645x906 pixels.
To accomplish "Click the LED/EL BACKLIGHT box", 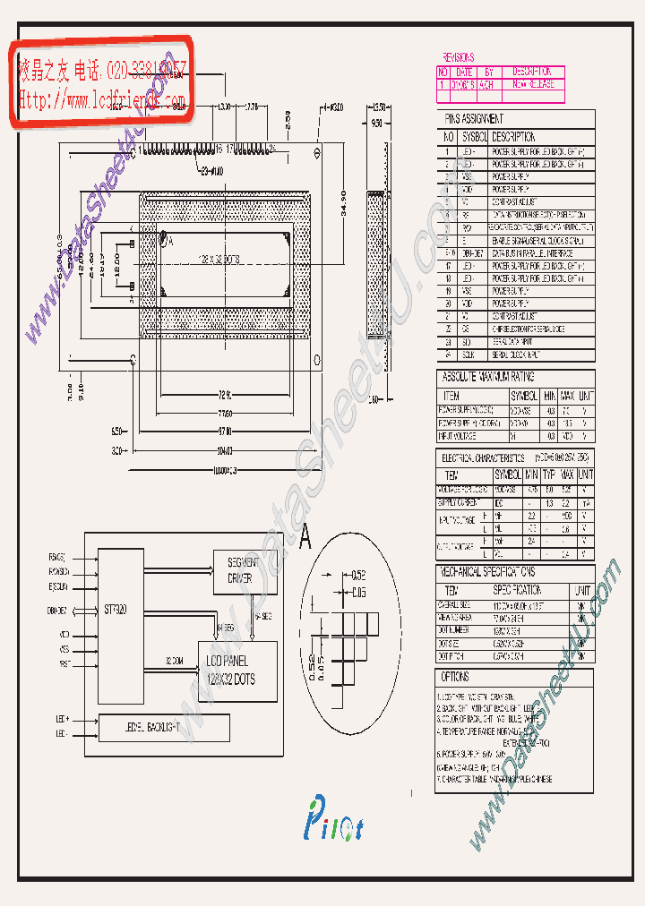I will (164, 729).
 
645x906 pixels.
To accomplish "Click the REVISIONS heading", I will (459, 57).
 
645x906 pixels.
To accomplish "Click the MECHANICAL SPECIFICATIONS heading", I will (487, 570).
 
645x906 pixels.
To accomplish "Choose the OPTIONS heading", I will (456, 677).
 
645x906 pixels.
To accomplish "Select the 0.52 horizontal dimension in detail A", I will (358, 574).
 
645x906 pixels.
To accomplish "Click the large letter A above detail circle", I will (305, 538).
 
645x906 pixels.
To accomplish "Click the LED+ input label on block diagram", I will (62, 719).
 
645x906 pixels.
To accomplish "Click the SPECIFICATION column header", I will (516, 591).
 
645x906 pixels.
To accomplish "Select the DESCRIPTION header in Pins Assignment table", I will (513, 137).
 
